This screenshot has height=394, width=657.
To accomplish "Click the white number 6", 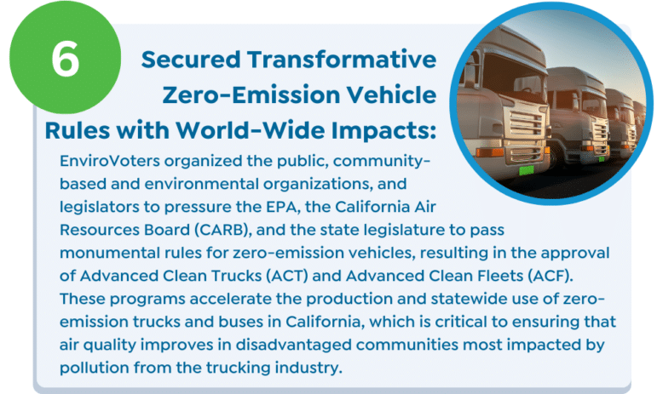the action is pos(66,59).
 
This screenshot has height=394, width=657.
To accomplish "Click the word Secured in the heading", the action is pos(191,59).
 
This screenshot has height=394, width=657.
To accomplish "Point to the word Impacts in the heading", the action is pos(383,130).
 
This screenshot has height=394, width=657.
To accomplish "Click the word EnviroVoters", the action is pos(110,161).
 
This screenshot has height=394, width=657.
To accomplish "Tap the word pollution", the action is pos(95,368).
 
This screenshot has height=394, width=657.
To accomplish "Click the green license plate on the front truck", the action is pos(527,170).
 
